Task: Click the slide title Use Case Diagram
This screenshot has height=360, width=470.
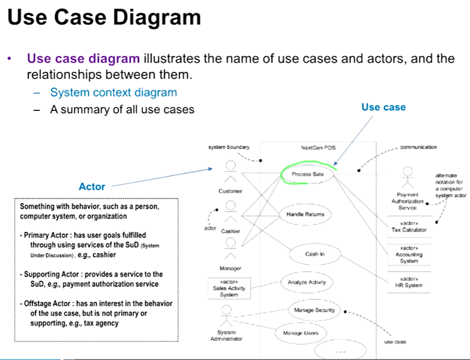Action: click(104, 18)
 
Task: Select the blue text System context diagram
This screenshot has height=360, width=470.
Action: click(114, 92)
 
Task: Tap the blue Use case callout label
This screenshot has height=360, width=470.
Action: click(383, 107)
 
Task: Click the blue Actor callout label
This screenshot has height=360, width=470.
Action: click(92, 186)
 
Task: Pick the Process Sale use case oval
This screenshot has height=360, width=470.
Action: click(308, 174)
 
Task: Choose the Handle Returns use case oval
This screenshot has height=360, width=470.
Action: click(305, 214)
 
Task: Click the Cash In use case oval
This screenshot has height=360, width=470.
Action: click(312, 254)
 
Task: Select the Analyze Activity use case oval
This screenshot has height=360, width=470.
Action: click(306, 282)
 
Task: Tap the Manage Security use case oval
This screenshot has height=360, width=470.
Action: click(314, 310)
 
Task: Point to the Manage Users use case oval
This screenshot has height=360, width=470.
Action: click(300, 332)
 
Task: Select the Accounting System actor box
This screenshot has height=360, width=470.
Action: click(409, 254)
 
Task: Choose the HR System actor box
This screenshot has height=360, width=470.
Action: click(409, 282)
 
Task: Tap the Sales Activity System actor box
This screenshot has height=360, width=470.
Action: click(229, 288)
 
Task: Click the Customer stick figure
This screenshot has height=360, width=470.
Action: click(231, 173)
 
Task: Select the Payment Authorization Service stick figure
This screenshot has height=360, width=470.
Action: click(408, 178)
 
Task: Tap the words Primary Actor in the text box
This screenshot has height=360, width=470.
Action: click(46, 235)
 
